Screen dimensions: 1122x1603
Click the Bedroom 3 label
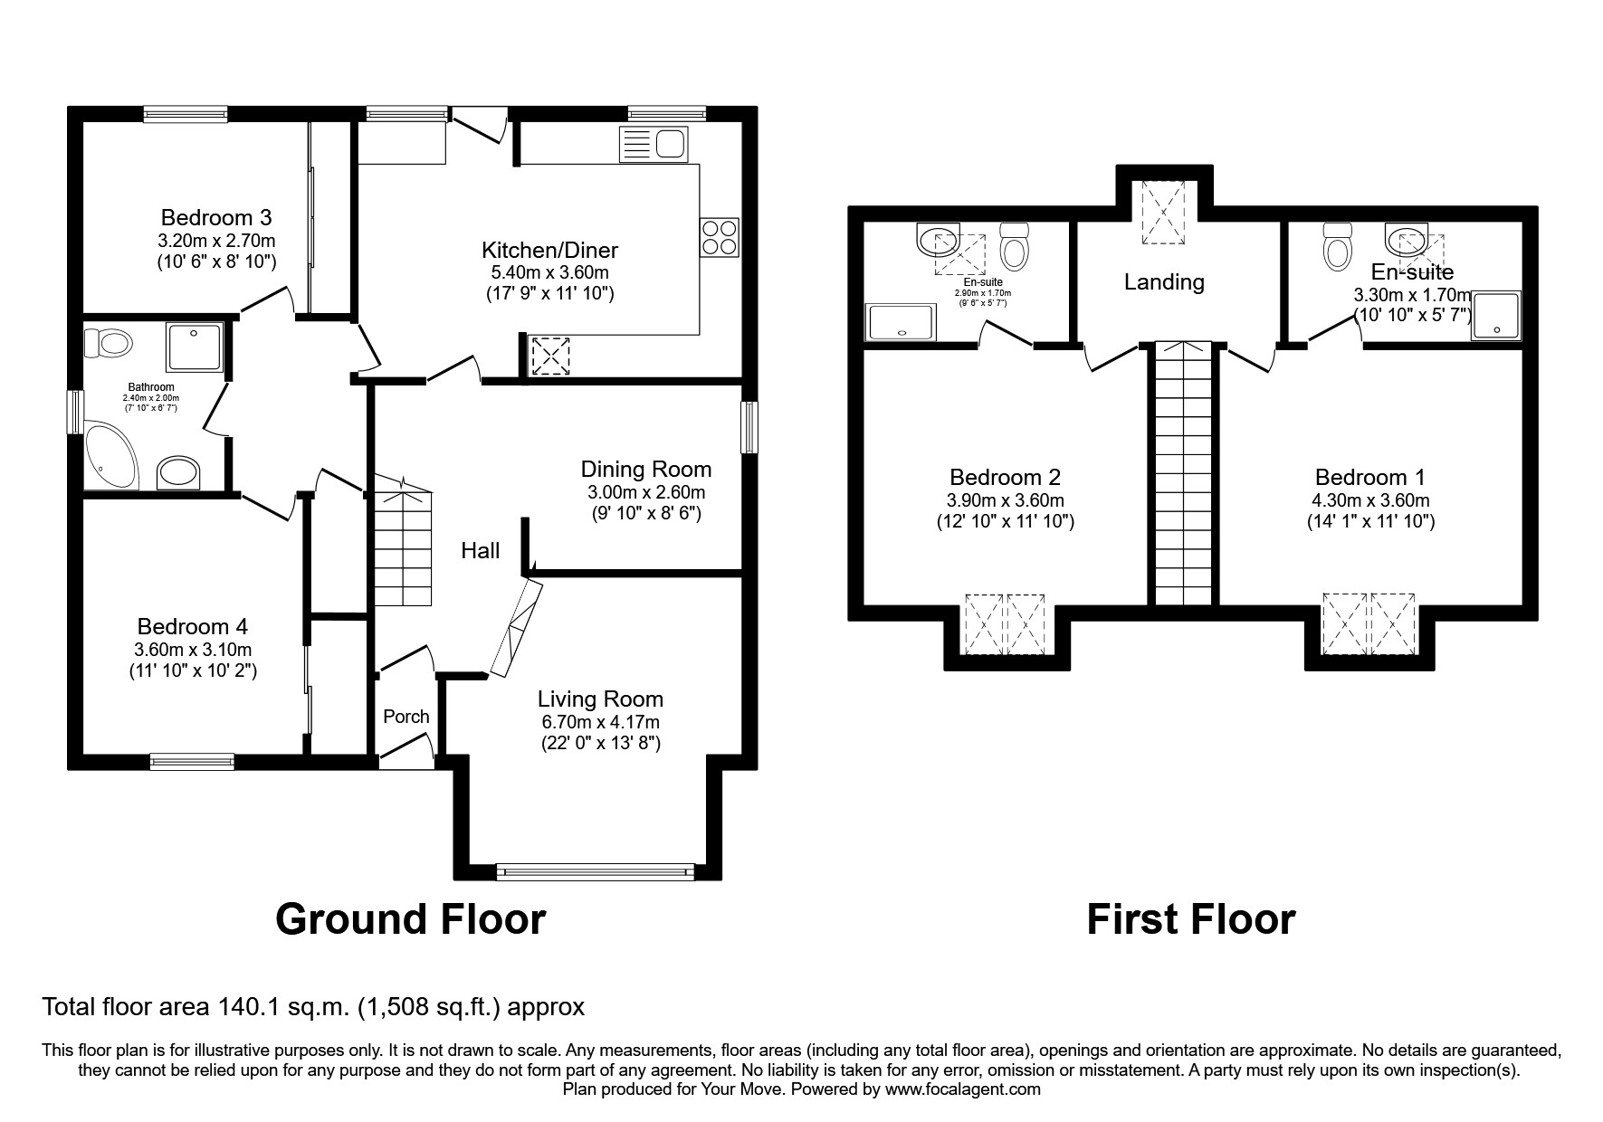[216, 218]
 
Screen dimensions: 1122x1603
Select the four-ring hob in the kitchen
[720, 237]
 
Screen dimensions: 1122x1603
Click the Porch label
[406, 717]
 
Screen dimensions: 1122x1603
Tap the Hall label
[480, 550]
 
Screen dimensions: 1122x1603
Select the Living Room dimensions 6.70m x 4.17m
[600, 722]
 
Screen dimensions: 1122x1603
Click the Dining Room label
[645, 470]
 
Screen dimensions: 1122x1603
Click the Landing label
[1164, 282]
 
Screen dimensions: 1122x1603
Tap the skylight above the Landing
[1163, 213]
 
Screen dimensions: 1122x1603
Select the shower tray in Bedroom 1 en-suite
[1495, 316]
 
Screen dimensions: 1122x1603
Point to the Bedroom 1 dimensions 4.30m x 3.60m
[1370, 500]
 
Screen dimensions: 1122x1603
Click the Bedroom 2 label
[1005, 477]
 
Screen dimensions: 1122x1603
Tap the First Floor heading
[1190, 919]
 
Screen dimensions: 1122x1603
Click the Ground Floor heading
[410, 919]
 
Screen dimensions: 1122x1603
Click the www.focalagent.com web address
[962, 1089]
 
